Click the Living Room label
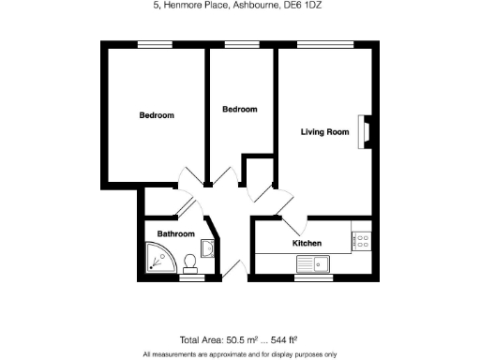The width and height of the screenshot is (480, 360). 324,132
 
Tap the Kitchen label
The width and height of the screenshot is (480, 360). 307,243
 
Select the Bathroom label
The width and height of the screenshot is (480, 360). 175,233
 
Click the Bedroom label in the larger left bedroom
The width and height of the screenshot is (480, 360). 157,115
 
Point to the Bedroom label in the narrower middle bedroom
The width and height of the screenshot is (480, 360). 239,110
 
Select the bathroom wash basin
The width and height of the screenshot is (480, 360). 207,248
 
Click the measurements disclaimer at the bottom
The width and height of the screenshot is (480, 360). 240,354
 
